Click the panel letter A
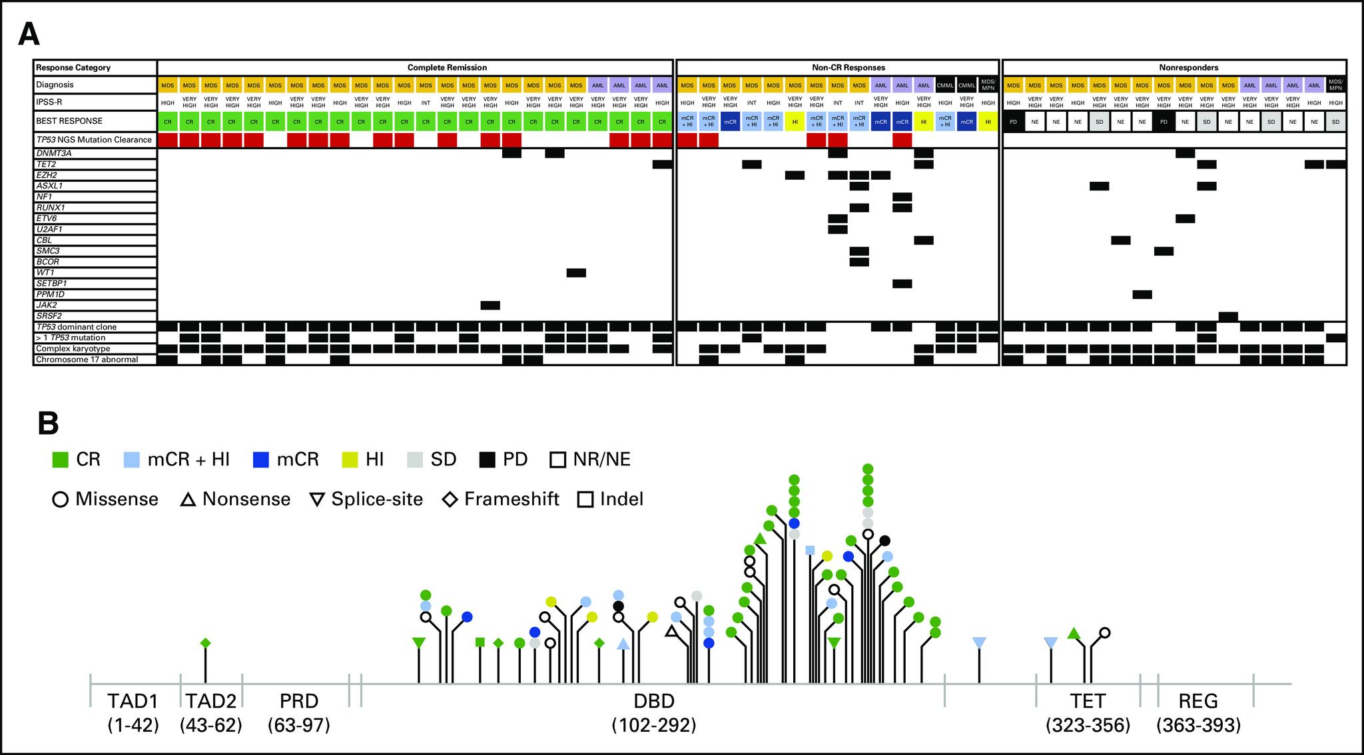coord(29,34)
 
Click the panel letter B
coord(48,423)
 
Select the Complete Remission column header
coord(447,67)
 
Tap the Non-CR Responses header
coord(838,67)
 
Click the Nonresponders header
coord(1174,67)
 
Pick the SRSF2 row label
coord(49,316)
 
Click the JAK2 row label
coord(47,305)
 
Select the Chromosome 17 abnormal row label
coord(87,360)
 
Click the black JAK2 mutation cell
coord(490,305)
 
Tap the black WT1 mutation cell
coord(576,272)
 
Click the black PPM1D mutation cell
coord(1142,294)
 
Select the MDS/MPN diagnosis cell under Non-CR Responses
coord(988,85)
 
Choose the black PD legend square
coord(487,459)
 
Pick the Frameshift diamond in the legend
coord(450,499)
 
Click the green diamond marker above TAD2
coord(205,642)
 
